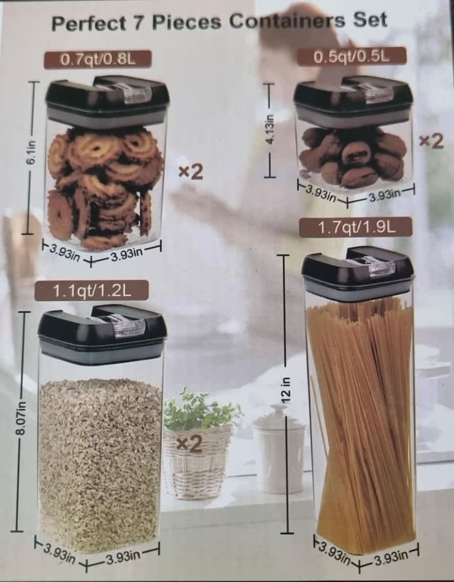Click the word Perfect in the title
[x=89, y=23]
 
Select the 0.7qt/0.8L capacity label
[x=98, y=60]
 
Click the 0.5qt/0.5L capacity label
[x=352, y=57]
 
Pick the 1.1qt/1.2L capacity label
[x=92, y=290]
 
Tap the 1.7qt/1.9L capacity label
[x=356, y=227]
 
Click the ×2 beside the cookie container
[x=191, y=172]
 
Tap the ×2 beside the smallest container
[x=431, y=141]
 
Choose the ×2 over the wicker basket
[x=189, y=444]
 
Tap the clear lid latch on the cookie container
[x=133, y=93]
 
